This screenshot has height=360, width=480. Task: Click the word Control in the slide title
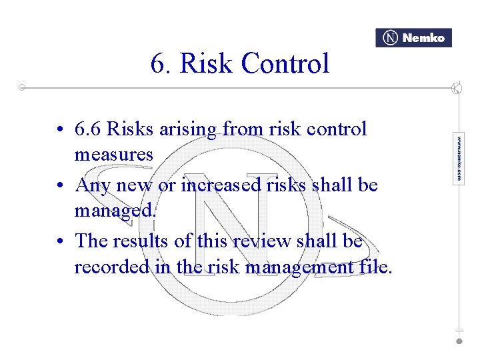point(285,64)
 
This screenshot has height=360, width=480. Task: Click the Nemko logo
point(413,38)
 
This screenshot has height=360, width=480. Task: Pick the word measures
point(113,155)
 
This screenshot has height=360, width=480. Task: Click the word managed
point(115,211)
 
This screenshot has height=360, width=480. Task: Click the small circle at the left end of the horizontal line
point(22,87)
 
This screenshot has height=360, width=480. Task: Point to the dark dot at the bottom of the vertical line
point(459,341)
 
